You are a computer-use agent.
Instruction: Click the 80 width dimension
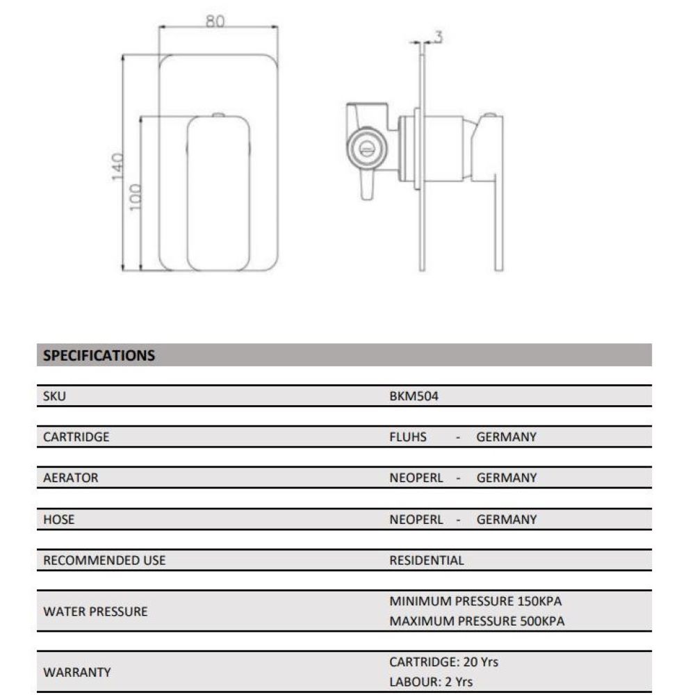tap(215, 22)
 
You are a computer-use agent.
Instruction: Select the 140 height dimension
tap(117, 167)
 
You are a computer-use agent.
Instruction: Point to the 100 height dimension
tap(135, 197)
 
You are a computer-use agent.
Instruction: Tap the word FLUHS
tap(408, 437)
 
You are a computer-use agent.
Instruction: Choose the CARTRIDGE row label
tap(76, 437)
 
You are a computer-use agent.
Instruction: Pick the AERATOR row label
tap(70, 478)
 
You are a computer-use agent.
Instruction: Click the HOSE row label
tap(59, 519)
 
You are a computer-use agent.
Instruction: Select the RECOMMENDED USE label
tap(104, 560)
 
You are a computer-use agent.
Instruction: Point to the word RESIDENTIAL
tap(426, 560)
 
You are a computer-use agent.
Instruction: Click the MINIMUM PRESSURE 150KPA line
tap(475, 601)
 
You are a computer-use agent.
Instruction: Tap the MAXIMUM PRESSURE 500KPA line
tap(477, 621)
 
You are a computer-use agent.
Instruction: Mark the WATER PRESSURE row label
tap(95, 612)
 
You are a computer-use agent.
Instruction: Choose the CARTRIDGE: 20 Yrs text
tap(444, 662)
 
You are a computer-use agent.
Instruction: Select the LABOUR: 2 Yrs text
tap(431, 682)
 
